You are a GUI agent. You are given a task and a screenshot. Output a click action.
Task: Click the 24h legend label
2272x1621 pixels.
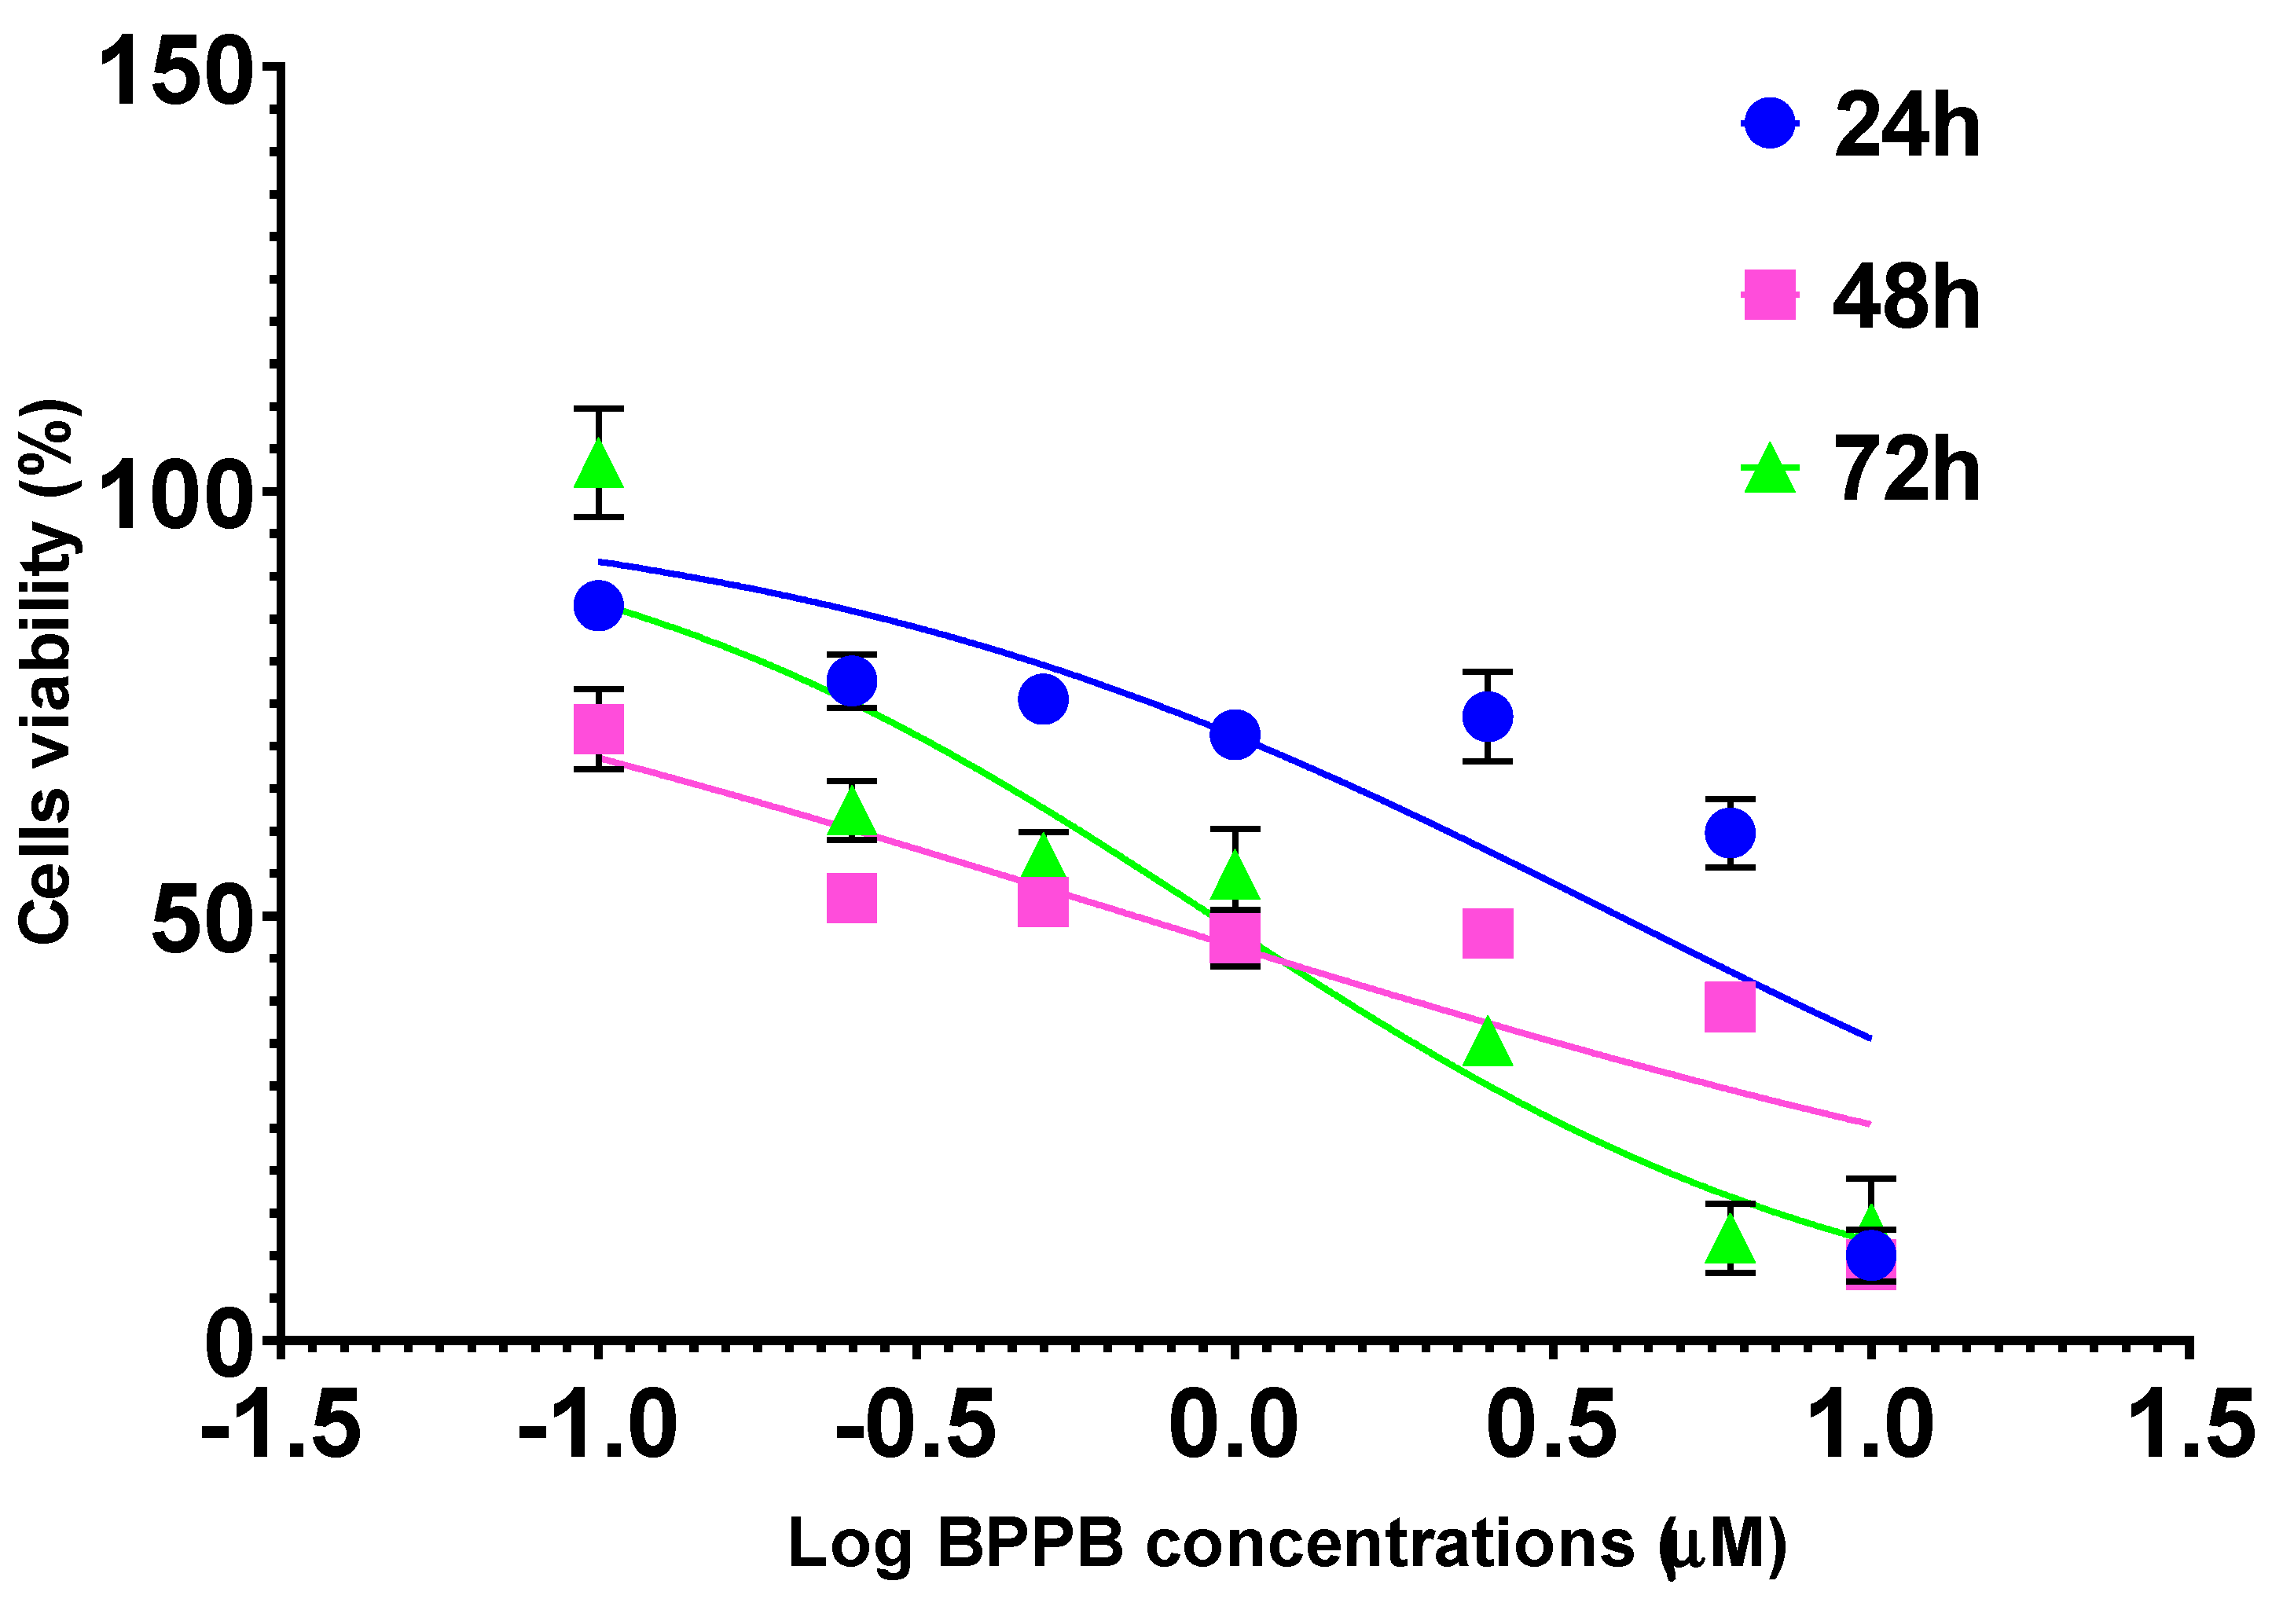(x=1906, y=126)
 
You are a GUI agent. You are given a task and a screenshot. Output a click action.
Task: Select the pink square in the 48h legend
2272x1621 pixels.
(x=1769, y=295)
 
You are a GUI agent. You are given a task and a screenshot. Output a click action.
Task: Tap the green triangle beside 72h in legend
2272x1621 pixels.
(x=1769, y=470)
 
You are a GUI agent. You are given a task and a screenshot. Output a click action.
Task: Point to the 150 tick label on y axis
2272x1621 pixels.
(x=174, y=72)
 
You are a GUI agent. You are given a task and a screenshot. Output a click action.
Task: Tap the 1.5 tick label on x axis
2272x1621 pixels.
(x=2191, y=1426)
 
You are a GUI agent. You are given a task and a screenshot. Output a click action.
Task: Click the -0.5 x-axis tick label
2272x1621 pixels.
(x=916, y=1426)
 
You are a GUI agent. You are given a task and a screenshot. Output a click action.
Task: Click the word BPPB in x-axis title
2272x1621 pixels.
(x=1030, y=1544)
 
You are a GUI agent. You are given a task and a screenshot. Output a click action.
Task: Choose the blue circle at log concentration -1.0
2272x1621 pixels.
(x=598, y=606)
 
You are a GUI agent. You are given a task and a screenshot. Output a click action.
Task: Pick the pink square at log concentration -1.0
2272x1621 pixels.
(x=599, y=728)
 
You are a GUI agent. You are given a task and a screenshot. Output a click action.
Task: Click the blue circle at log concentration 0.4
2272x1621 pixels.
(x=1486, y=717)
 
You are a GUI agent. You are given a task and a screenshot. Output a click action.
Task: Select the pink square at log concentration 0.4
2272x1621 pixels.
(x=1486, y=933)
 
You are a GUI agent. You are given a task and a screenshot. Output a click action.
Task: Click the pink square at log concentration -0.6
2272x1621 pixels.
(x=851, y=898)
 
